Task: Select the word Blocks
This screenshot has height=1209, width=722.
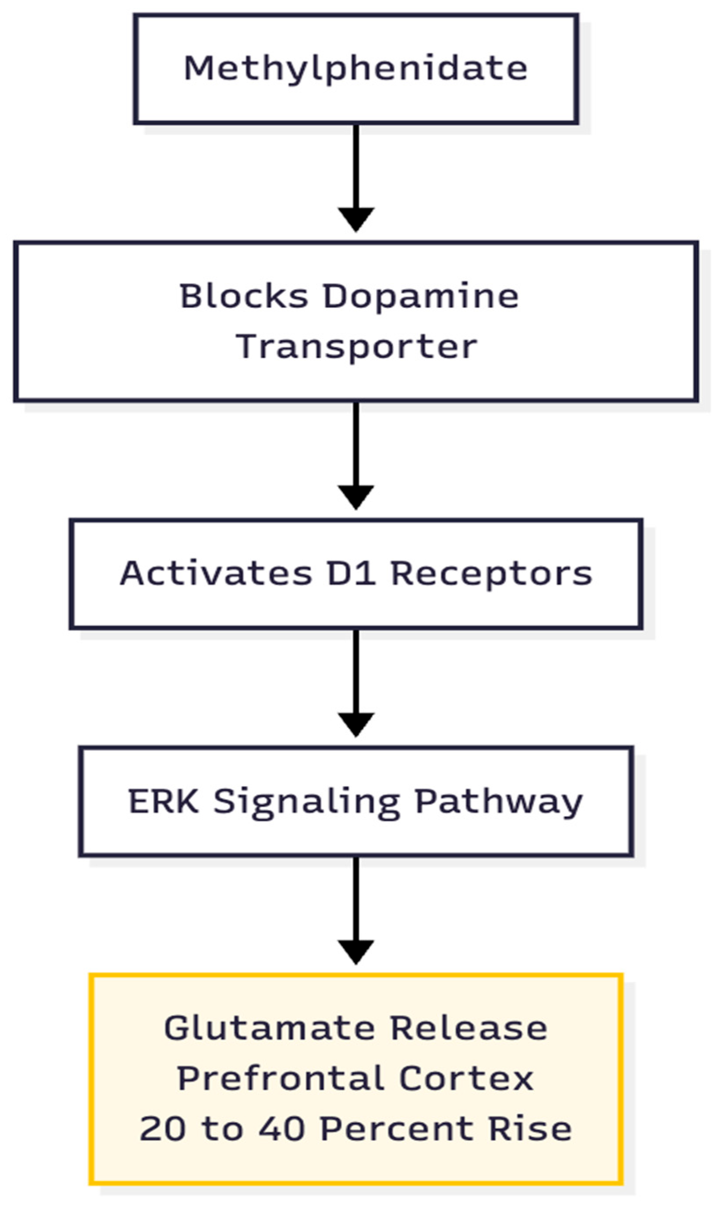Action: [x=244, y=296]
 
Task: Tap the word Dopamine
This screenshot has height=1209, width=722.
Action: [x=421, y=296]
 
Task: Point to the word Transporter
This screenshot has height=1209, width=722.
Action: [x=356, y=347]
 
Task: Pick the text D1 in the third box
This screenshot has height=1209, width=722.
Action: [x=351, y=573]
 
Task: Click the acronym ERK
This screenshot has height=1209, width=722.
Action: [x=164, y=801]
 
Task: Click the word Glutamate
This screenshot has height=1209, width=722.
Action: [x=269, y=1028]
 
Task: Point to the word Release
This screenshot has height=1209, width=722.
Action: [x=469, y=1028]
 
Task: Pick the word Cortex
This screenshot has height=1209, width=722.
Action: [x=466, y=1079]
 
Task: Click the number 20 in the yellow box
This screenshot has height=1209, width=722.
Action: [x=163, y=1129]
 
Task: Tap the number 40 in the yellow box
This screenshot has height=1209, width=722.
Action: [x=282, y=1129]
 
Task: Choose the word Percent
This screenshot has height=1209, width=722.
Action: [x=397, y=1129]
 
